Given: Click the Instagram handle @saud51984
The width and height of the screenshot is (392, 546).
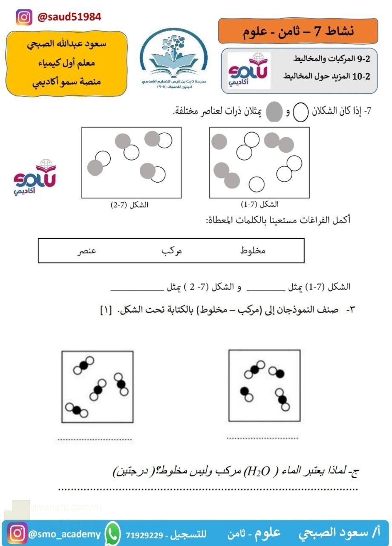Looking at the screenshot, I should point(69,17).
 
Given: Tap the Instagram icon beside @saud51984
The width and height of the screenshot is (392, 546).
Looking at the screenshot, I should point(24,17).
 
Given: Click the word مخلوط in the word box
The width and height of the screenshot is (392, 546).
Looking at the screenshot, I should point(254,250).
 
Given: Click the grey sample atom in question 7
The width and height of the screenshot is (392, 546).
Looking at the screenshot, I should point(274,112).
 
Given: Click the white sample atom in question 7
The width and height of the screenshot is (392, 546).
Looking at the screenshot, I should point(300,113).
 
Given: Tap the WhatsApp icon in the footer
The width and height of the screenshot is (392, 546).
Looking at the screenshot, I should point(112,534).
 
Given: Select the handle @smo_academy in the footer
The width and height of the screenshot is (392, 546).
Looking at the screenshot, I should point(64,534).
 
